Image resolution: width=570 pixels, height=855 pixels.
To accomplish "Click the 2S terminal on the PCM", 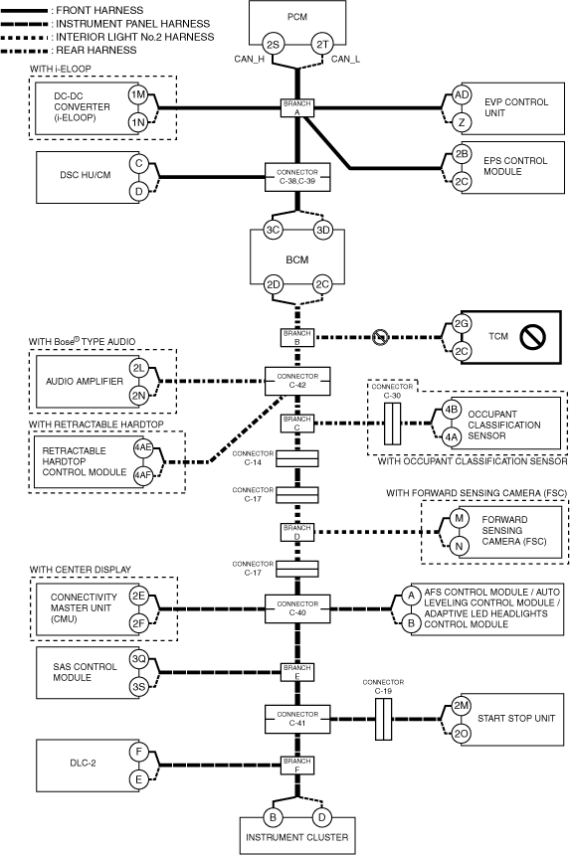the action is click(273, 44).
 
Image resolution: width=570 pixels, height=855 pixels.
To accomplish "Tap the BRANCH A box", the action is click(297, 107).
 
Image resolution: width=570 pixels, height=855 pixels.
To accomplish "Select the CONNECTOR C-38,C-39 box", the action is click(297, 177).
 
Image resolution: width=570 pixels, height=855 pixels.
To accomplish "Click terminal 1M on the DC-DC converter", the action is click(138, 94).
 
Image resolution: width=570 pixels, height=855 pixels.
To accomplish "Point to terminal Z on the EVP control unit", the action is click(462, 122).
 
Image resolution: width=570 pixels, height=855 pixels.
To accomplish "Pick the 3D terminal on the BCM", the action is click(323, 230).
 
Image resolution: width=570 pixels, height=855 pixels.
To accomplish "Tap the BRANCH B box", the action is click(297, 338).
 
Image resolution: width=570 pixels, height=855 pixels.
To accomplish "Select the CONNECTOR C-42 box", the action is click(297, 381).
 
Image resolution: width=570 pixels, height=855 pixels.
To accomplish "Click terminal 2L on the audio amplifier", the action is click(138, 368).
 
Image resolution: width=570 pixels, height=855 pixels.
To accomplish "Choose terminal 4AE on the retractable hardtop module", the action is click(143, 447).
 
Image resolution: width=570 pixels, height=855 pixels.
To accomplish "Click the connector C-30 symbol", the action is click(392, 424).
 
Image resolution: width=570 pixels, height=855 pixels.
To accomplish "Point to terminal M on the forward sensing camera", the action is click(459, 517).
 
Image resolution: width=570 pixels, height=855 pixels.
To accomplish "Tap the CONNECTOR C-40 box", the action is click(297, 608).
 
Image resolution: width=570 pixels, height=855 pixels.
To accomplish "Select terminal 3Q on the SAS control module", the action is click(138, 659).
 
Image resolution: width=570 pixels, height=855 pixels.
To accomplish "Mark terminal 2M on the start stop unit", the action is click(462, 705).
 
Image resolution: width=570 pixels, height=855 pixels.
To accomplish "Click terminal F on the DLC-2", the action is click(138, 752).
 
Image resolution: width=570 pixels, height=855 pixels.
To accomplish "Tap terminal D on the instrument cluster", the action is click(322, 817).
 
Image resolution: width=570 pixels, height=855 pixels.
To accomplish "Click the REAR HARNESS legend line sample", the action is click(25, 51).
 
